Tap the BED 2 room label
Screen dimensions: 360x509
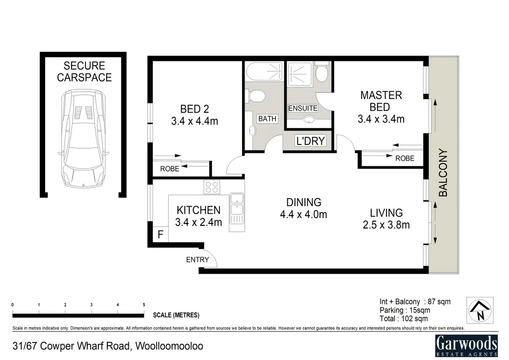(195, 109)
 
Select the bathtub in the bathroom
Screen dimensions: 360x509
(264, 71)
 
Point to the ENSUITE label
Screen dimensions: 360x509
(303, 108)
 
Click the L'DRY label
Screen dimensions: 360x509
(310, 141)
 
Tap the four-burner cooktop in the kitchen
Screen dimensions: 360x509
(212, 187)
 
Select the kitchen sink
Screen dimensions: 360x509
(237, 204)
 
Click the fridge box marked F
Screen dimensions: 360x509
(160, 235)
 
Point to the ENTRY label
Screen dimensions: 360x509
(197, 260)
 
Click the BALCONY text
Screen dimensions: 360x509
(443, 172)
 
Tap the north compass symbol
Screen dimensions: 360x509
(480, 310)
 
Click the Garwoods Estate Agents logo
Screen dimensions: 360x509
(467, 345)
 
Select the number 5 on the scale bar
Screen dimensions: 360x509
(144, 305)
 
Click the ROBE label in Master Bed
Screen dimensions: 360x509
(405, 158)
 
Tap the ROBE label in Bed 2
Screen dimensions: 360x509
(170, 169)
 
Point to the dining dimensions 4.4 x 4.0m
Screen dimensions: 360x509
(303, 214)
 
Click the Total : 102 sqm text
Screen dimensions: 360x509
(403, 319)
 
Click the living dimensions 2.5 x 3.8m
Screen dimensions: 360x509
(386, 225)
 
